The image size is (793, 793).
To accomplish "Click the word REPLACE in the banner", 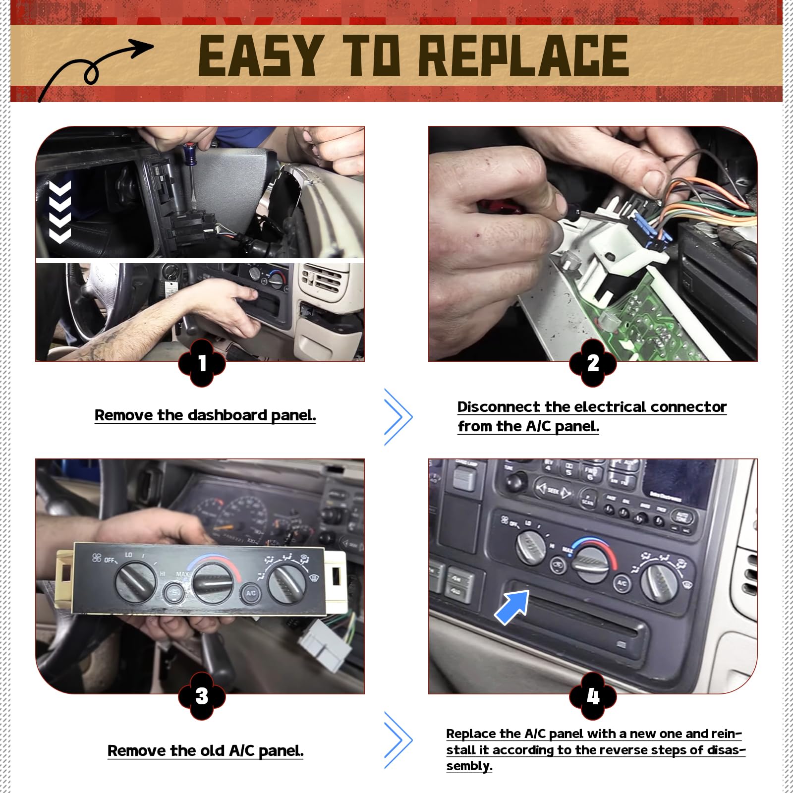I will pyautogui.click(x=524, y=56).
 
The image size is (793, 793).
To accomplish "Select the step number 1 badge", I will pyautogui.click(x=202, y=363).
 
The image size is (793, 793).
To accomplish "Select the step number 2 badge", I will pyautogui.click(x=593, y=363).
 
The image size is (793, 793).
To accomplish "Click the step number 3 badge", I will pyautogui.click(x=202, y=696).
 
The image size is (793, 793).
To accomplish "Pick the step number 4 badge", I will pyautogui.click(x=593, y=696).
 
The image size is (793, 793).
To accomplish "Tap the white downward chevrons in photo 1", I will pyautogui.click(x=60, y=212).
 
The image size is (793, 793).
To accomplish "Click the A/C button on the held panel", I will pyautogui.click(x=251, y=593).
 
